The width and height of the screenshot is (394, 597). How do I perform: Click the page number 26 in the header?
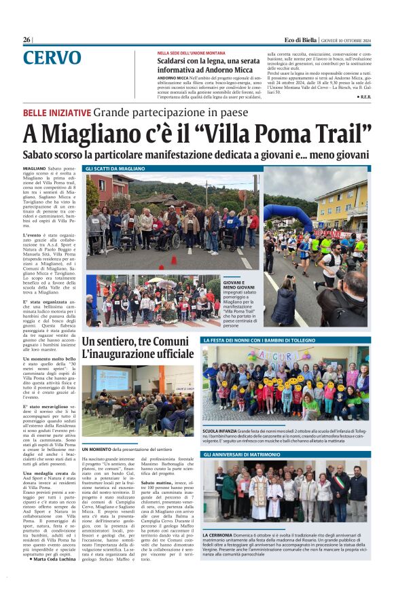point(26,40)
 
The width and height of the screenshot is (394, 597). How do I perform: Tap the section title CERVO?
point(52,58)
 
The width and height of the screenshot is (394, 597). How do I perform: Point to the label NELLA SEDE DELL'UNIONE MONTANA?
point(191,52)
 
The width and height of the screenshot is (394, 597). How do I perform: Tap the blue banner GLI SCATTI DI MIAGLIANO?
point(115,168)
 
